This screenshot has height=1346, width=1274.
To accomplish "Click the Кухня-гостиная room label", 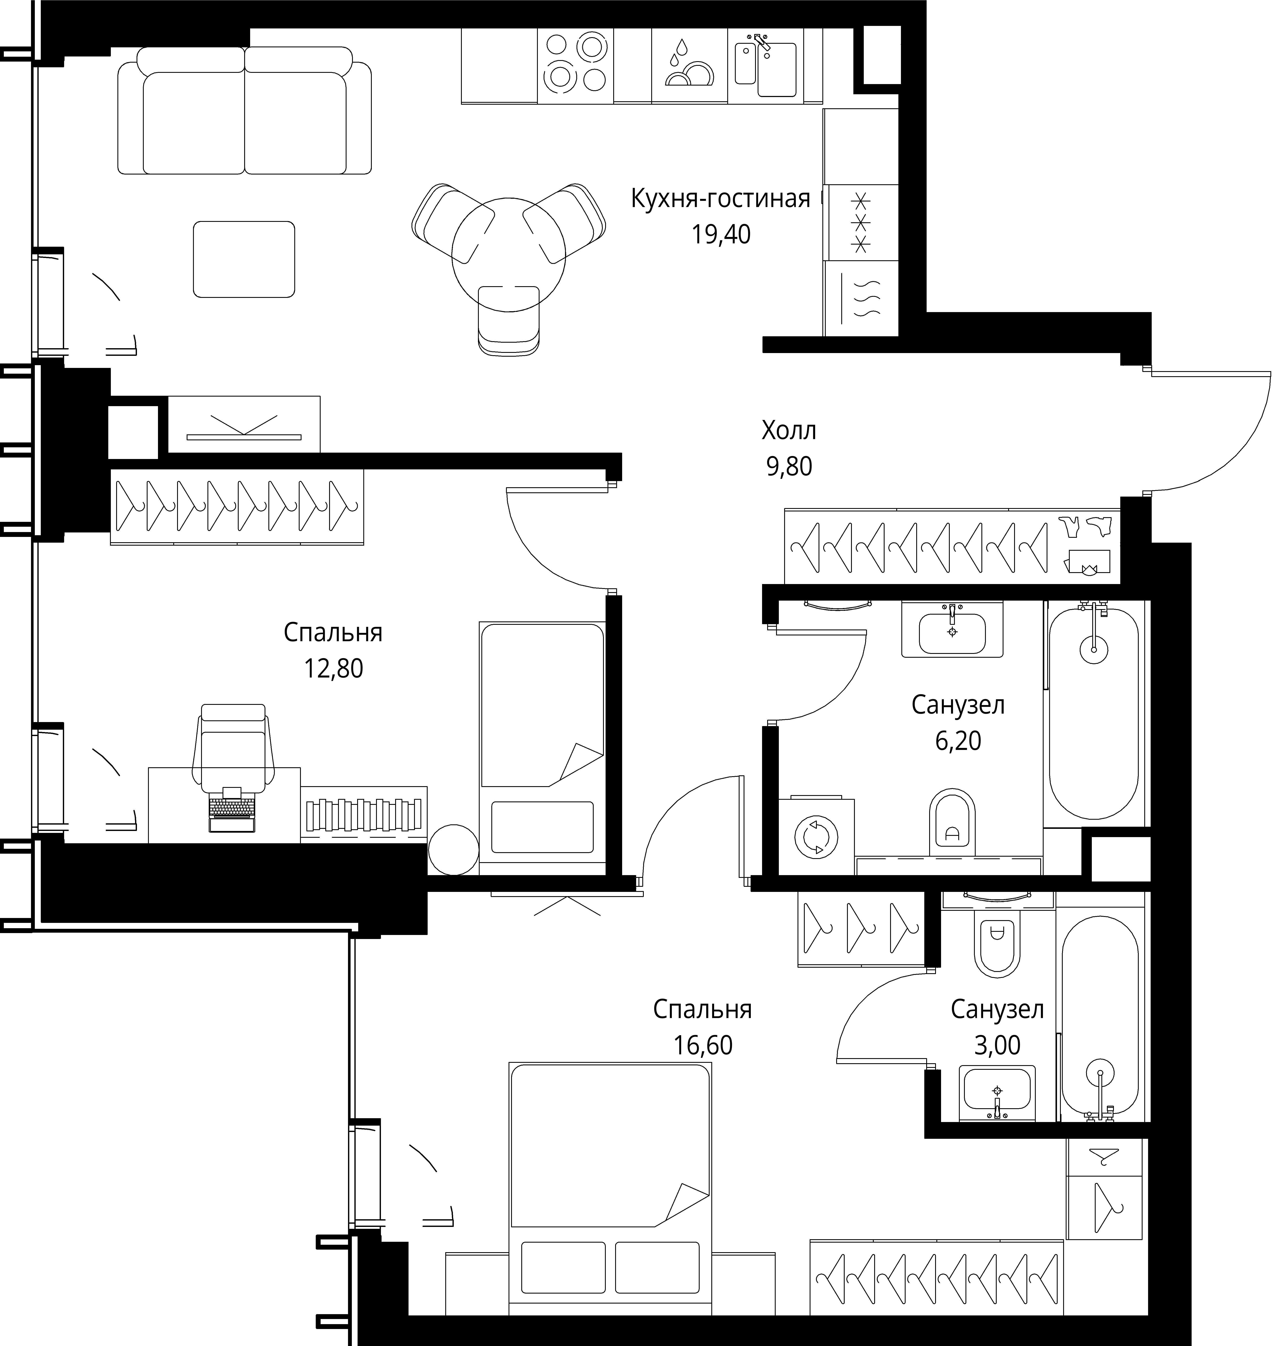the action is [720, 199].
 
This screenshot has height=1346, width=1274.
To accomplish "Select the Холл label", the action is [788, 431].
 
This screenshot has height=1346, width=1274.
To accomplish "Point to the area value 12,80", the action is [333, 669].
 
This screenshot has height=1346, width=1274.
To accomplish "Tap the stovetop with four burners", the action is [575, 65].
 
